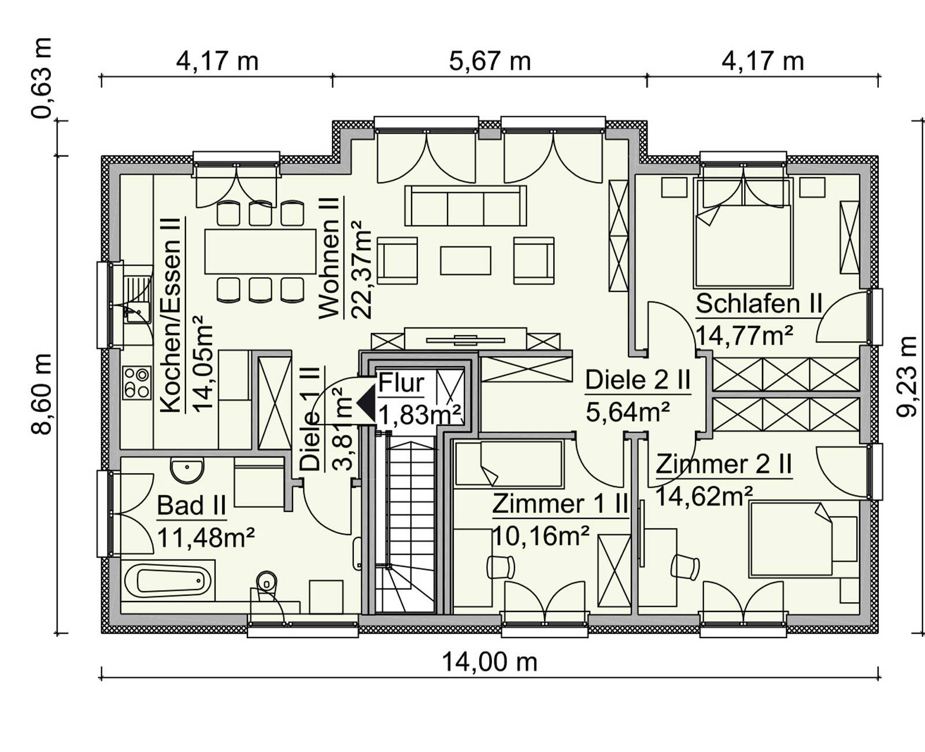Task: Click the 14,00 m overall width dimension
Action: coord(490,662)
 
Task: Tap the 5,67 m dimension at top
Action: coord(490,61)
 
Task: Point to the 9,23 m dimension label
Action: coord(906,376)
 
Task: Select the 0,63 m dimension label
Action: coord(42,78)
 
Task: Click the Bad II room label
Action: coord(191,506)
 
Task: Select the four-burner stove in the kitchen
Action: coord(136,383)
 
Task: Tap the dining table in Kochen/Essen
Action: coord(260,252)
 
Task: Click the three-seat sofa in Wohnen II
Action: coord(465,206)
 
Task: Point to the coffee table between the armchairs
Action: coord(465,260)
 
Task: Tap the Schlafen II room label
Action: coord(758,304)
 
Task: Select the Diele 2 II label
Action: coord(638,381)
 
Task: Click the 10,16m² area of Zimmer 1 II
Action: coord(541,537)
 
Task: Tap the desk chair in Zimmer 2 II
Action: coord(686,566)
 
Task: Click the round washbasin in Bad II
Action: coord(187,470)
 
